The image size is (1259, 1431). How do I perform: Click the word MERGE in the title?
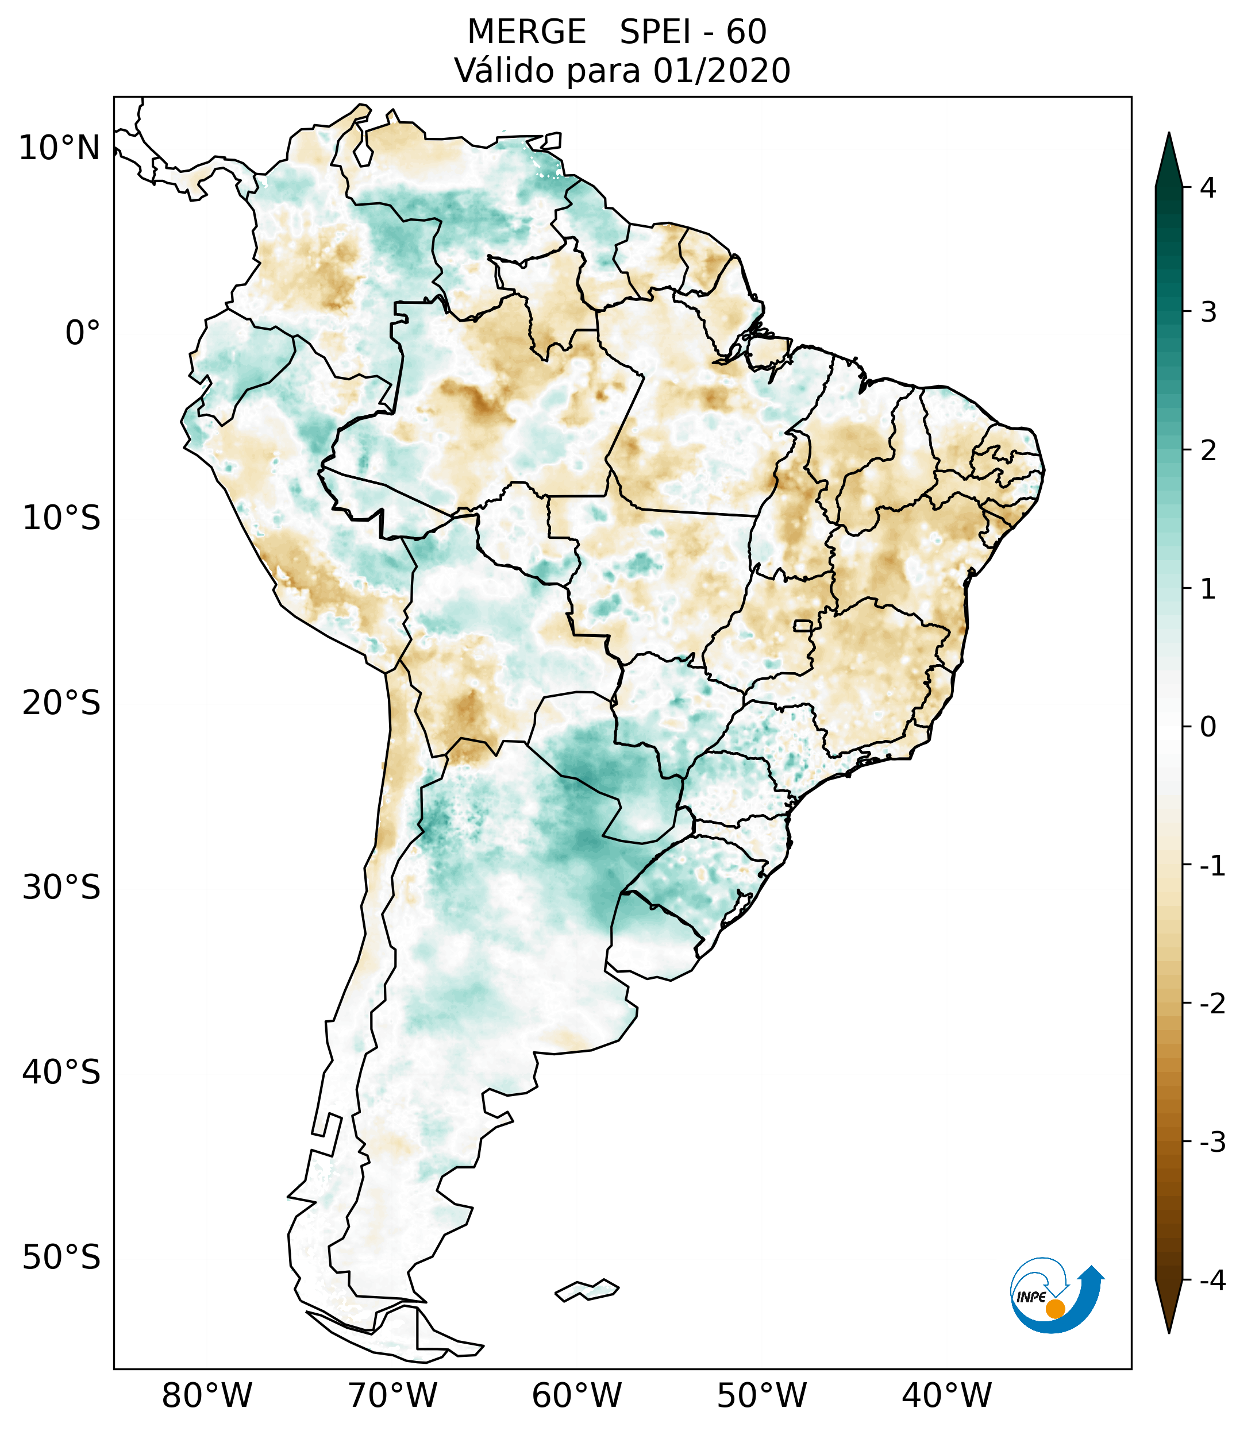pyautogui.click(x=526, y=32)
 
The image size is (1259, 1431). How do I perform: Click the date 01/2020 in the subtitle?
pyautogui.click(x=721, y=71)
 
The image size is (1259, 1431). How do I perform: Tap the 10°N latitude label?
pyautogui.click(x=60, y=148)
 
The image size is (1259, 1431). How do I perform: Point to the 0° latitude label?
pyautogui.click(x=83, y=333)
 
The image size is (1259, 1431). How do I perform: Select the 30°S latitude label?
pyautogui.click(x=61, y=888)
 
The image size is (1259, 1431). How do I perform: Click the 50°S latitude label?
pyautogui.click(x=61, y=1258)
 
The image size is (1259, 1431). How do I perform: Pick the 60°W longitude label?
pyautogui.click(x=576, y=1395)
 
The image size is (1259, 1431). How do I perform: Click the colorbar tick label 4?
pyautogui.click(x=1208, y=188)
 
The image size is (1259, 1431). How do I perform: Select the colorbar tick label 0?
pyautogui.click(x=1208, y=727)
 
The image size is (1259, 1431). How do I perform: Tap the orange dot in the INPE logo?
pyautogui.click(x=1054, y=1309)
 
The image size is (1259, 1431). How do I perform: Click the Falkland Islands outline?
pyautogui.click(x=587, y=1290)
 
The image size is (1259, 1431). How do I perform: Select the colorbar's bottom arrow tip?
pyautogui.click(x=1169, y=1332)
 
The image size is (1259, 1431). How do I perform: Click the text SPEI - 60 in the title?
pyautogui.click(x=692, y=32)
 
